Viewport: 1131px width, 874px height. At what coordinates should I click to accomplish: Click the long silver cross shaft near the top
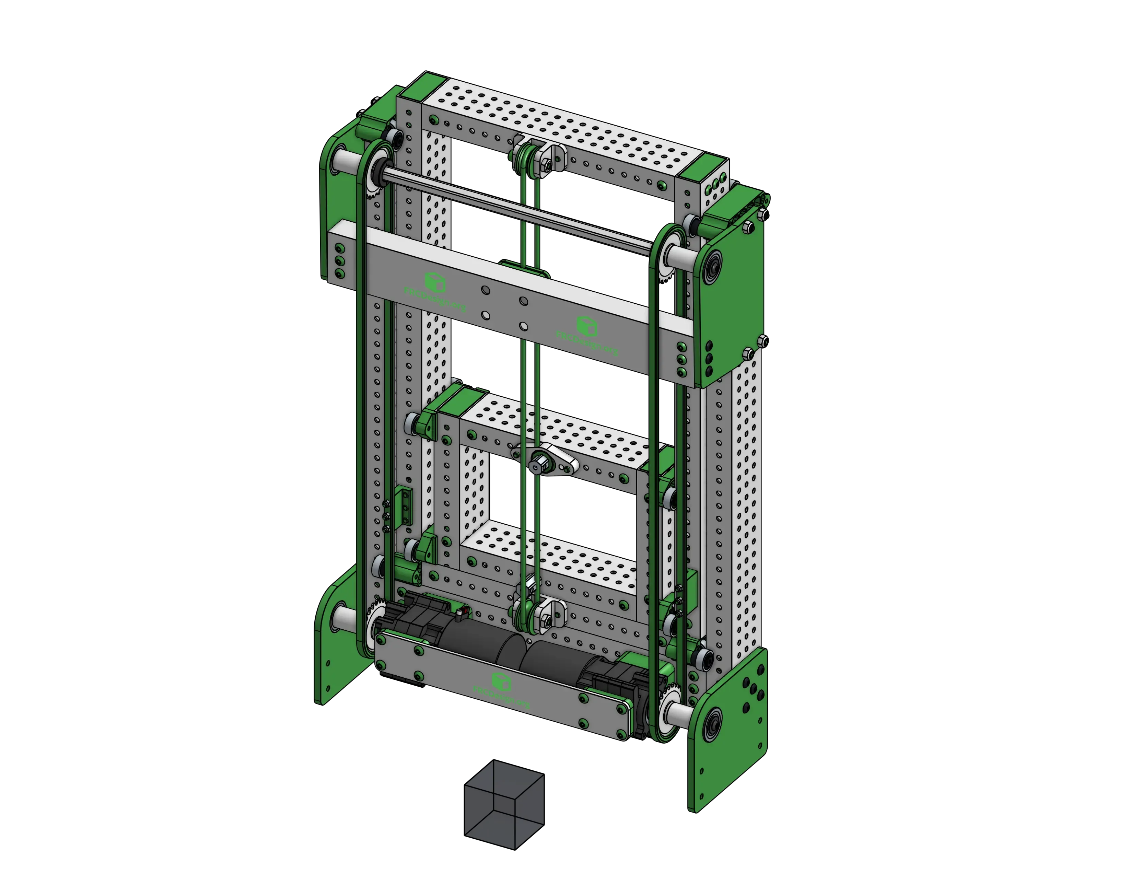518,207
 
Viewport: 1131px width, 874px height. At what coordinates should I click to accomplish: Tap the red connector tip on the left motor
465,612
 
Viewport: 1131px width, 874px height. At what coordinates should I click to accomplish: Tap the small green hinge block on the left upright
405,505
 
